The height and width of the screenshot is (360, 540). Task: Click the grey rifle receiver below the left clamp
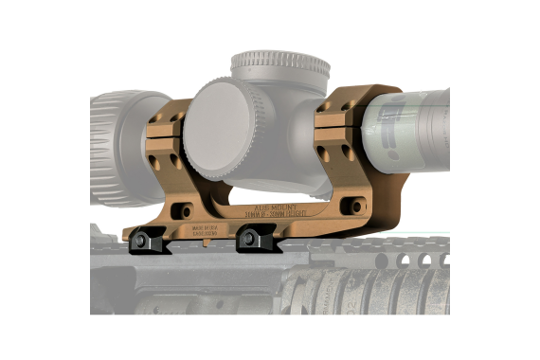coord(142,284)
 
